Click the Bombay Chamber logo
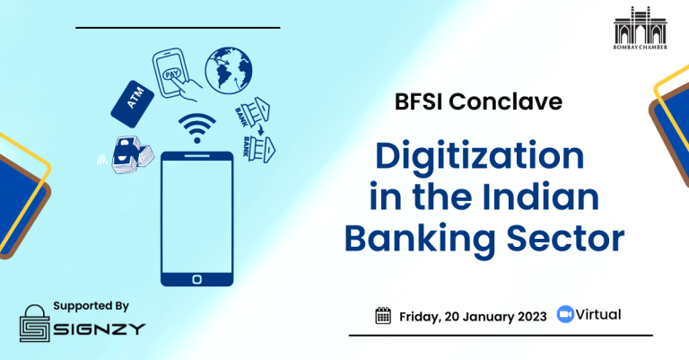tap(641, 28)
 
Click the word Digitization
tap(479, 157)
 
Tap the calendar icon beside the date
tap(383, 316)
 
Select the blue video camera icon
tap(565, 314)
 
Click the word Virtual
tap(598, 315)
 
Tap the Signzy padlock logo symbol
tap(35, 323)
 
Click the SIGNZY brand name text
tap(100, 329)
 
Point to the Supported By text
tap(91, 306)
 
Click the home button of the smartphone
tap(196, 279)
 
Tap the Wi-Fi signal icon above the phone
tap(196, 127)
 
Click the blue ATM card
tap(132, 104)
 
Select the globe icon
tap(229, 70)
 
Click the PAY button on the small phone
tap(172, 74)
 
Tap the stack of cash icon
tap(132, 154)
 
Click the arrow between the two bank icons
tap(260, 128)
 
